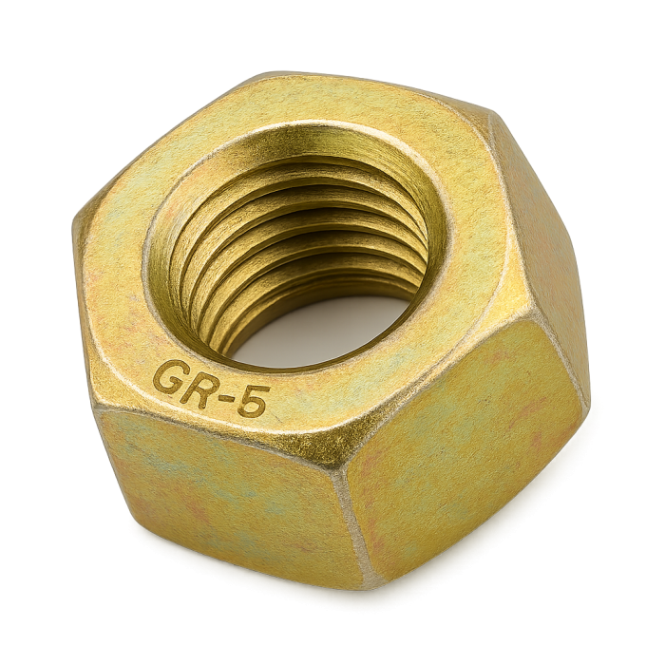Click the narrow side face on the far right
546,237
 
